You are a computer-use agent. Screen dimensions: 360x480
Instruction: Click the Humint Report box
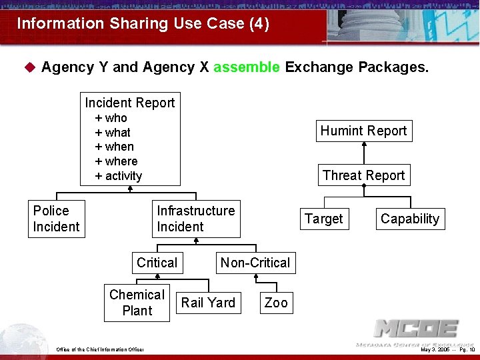363,131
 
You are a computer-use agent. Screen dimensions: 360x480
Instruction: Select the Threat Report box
363,175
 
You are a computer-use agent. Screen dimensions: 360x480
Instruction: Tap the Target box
323,219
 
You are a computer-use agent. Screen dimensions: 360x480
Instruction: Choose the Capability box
410,219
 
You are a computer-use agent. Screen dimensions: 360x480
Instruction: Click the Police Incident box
56,219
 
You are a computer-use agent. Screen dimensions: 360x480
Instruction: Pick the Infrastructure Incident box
195,219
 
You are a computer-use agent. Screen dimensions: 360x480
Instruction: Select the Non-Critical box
255,263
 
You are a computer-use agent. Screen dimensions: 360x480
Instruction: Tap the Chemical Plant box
137,303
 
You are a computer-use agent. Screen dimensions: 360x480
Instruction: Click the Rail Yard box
208,303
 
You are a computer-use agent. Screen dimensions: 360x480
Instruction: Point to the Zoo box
276,303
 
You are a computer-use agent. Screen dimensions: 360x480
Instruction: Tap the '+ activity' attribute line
119,176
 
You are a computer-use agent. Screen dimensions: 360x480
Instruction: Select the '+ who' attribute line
111,118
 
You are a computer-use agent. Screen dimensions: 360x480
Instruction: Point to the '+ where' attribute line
117,161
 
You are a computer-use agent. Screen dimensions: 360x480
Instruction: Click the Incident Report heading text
130,103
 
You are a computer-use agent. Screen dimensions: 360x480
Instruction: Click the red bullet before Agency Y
29,67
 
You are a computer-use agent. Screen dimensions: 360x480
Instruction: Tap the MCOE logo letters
416,329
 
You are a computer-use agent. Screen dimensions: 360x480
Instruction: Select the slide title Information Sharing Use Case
143,24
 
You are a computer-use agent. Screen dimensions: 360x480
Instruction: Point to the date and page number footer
447,349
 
